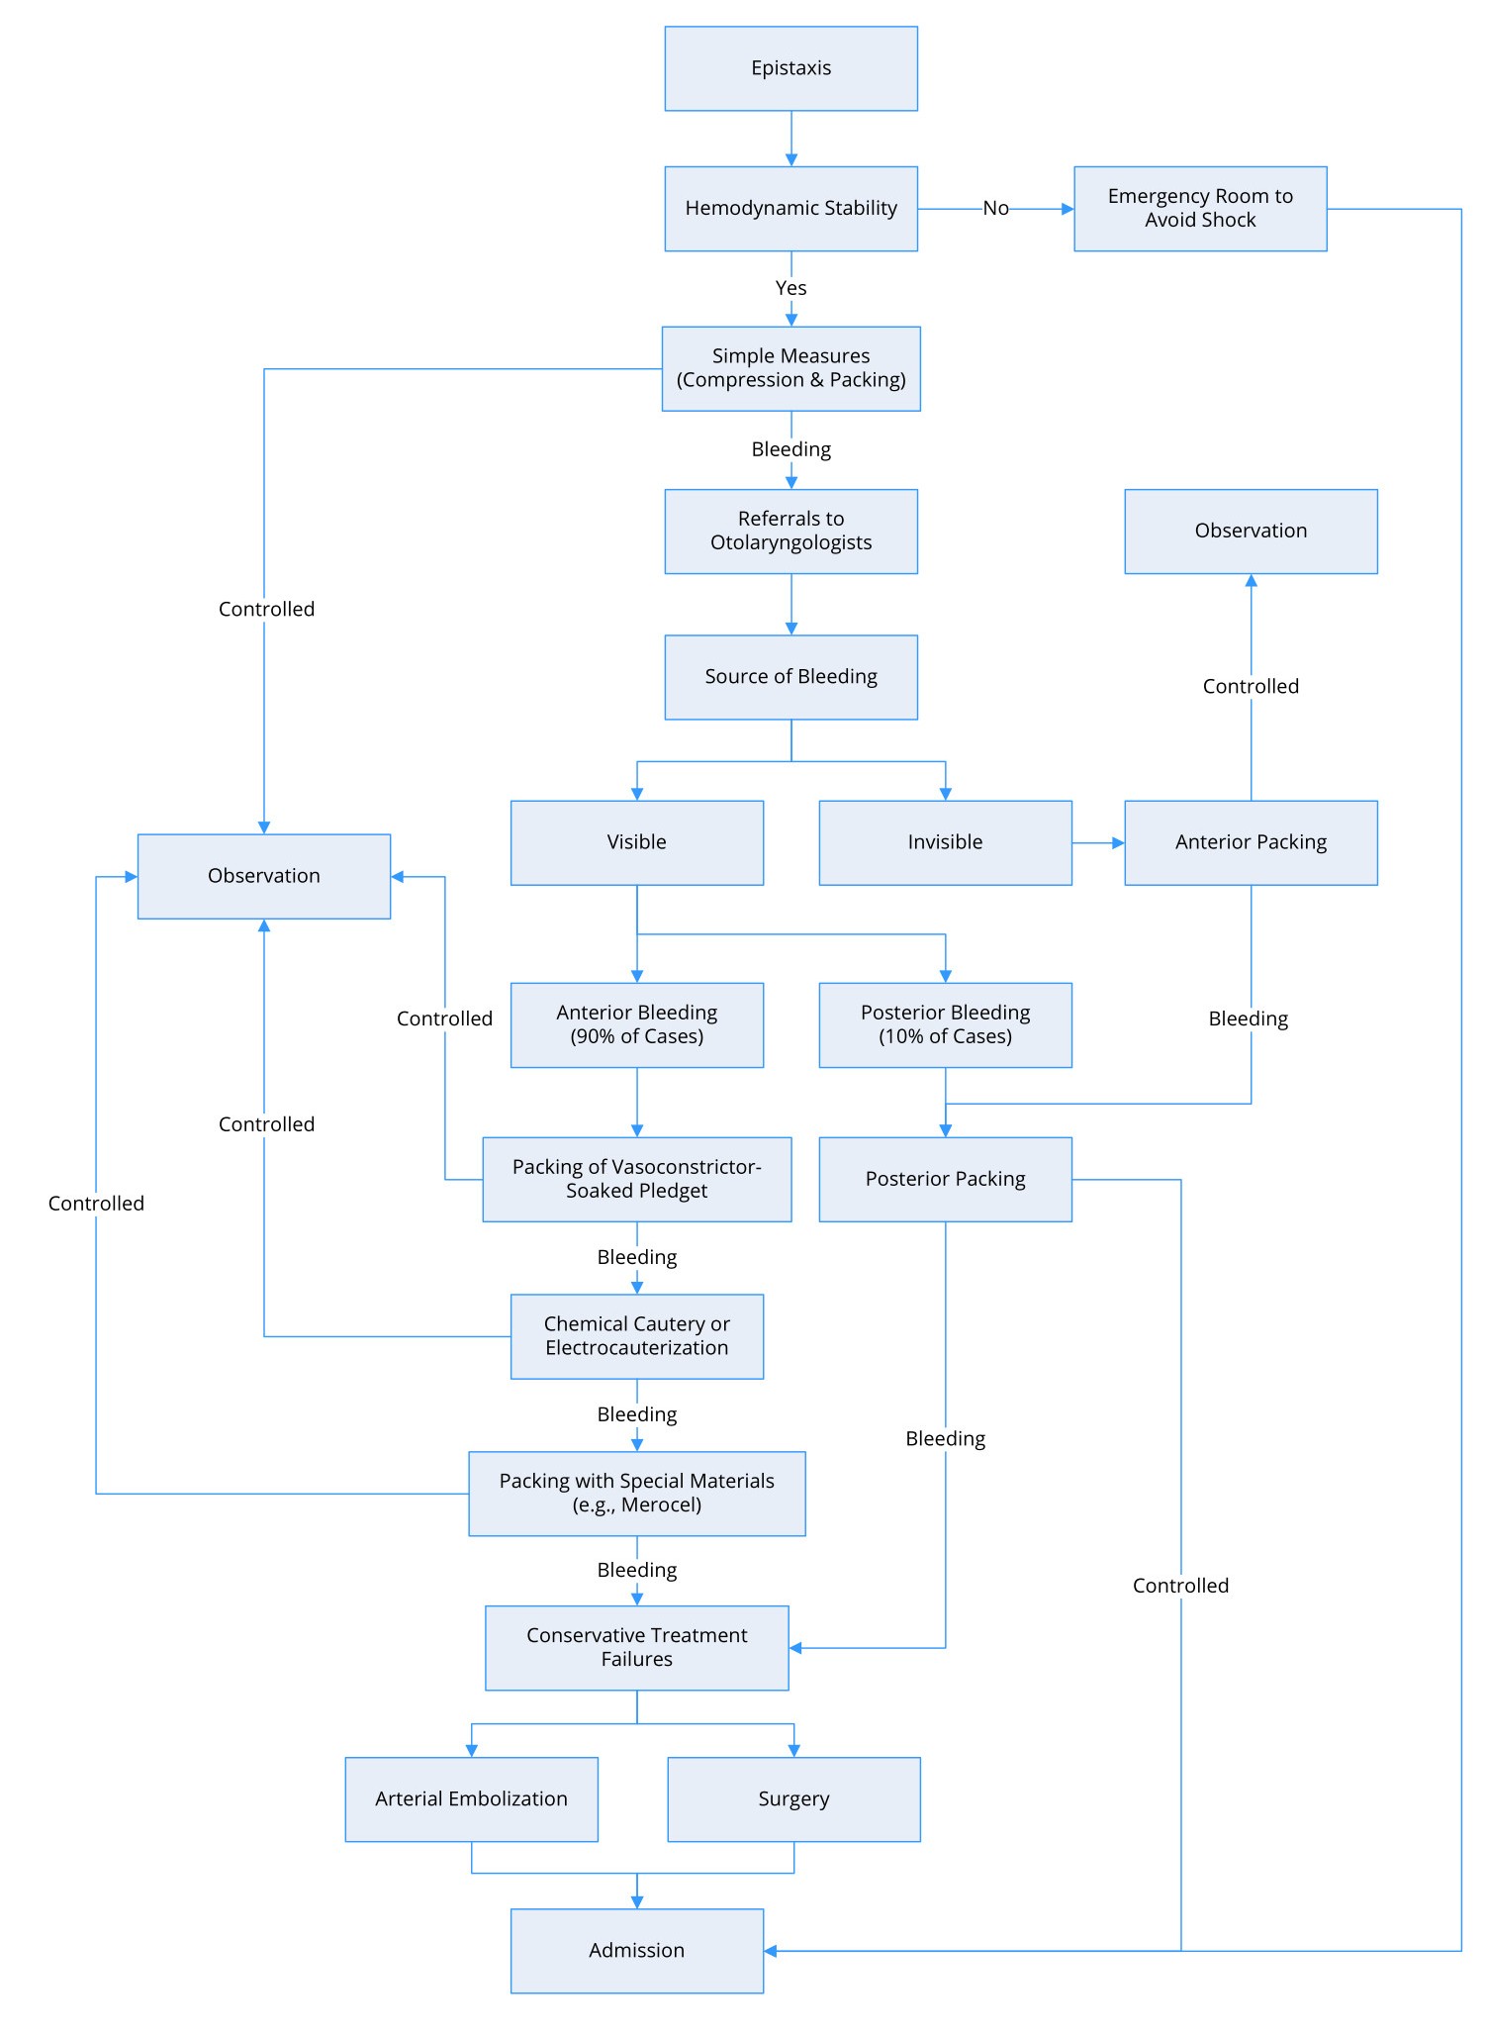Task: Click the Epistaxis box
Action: click(790, 68)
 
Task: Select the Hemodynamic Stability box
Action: click(790, 209)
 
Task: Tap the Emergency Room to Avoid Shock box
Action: click(1199, 209)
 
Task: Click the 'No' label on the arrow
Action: click(995, 209)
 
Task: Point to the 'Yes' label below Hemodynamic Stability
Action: click(790, 288)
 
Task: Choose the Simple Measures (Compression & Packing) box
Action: click(790, 368)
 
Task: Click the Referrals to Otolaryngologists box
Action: click(790, 532)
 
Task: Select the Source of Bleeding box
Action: click(790, 677)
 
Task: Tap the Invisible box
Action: click(945, 842)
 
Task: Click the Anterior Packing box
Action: click(1251, 842)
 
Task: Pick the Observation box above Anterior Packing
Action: click(1251, 532)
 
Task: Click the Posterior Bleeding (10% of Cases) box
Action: click(945, 1024)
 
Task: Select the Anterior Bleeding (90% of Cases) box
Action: click(636, 1024)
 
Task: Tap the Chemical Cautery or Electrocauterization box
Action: click(636, 1336)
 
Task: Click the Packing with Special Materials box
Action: click(636, 1494)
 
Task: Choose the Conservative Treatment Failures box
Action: click(636, 1648)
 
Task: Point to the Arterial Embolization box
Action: click(471, 1799)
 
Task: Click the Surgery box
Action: click(793, 1799)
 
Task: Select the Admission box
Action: click(636, 1951)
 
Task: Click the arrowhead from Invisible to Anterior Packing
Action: click(1118, 843)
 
